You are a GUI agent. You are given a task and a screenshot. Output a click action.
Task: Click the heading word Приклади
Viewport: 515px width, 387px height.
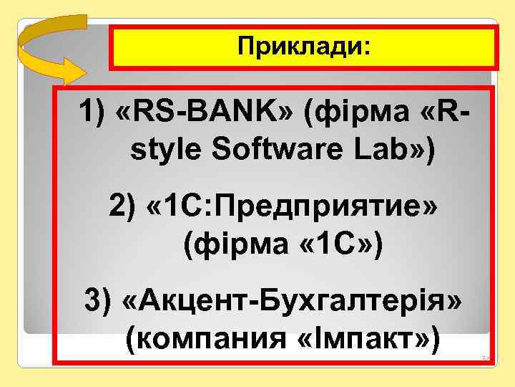(300, 49)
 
